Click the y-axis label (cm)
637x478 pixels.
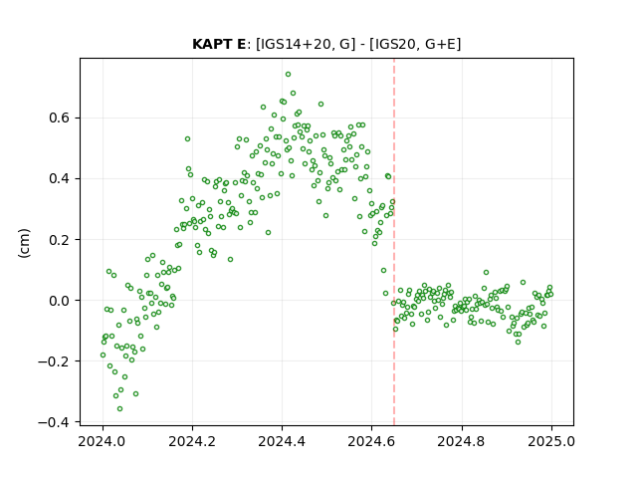24,243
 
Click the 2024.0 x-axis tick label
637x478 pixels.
103,441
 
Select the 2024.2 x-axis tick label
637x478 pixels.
192,441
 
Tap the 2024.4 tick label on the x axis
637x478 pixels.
282,441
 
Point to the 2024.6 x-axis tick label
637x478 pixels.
371,441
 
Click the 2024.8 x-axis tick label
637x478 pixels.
462,441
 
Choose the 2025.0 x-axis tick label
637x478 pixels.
551,441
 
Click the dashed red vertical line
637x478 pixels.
394,242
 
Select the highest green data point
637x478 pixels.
288,75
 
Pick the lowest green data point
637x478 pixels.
119,409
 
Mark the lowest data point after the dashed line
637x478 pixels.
518,343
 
